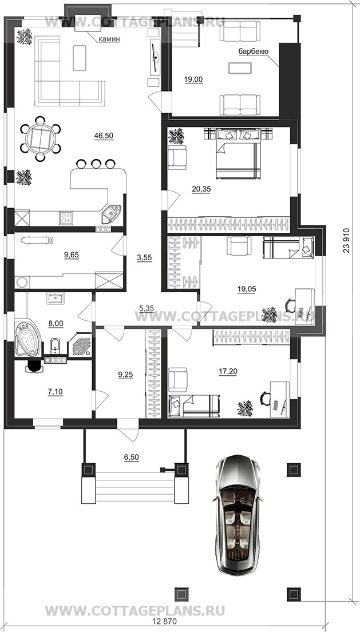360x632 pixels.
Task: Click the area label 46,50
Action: tap(104, 136)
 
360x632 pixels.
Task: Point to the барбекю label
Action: tap(254, 51)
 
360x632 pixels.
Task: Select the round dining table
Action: tap(40, 138)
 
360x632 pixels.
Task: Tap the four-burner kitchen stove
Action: tap(66, 218)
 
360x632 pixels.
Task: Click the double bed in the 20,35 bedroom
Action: tap(237, 153)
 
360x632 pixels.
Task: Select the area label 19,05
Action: tap(247, 289)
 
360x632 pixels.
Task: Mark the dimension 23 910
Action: tap(346, 240)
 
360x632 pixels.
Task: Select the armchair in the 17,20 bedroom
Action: tap(178, 379)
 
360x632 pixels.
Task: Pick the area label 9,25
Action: tap(125, 375)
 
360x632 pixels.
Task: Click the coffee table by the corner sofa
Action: tap(80, 58)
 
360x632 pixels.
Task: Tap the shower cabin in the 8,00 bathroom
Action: tap(80, 345)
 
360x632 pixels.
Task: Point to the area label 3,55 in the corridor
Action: tap(144, 259)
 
